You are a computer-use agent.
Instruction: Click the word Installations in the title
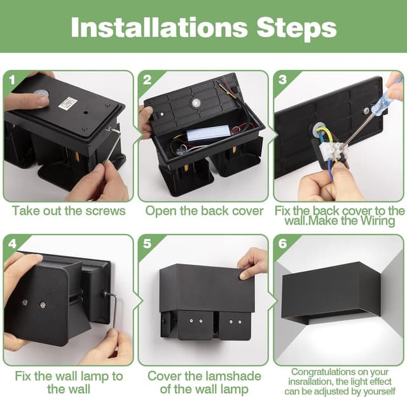click(159, 27)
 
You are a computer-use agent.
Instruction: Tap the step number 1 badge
click(12, 79)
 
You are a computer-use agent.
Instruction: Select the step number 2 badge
click(147, 79)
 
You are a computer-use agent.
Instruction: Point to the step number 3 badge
click(282, 79)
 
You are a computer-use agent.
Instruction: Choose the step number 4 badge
click(12, 244)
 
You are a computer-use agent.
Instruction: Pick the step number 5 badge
click(147, 244)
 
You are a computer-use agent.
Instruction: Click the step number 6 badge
click(282, 244)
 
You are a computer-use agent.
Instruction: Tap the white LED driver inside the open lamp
click(208, 133)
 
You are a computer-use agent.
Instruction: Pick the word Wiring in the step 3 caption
click(378, 221)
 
